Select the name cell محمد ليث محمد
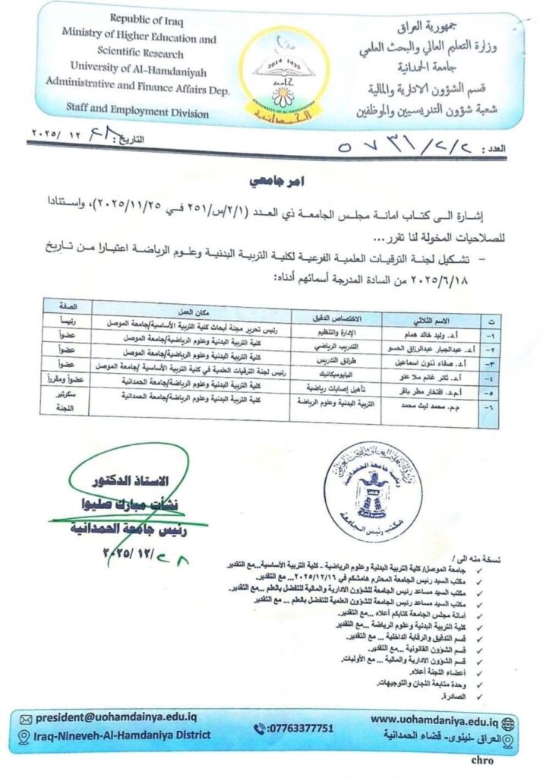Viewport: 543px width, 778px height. tap(418, 408)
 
